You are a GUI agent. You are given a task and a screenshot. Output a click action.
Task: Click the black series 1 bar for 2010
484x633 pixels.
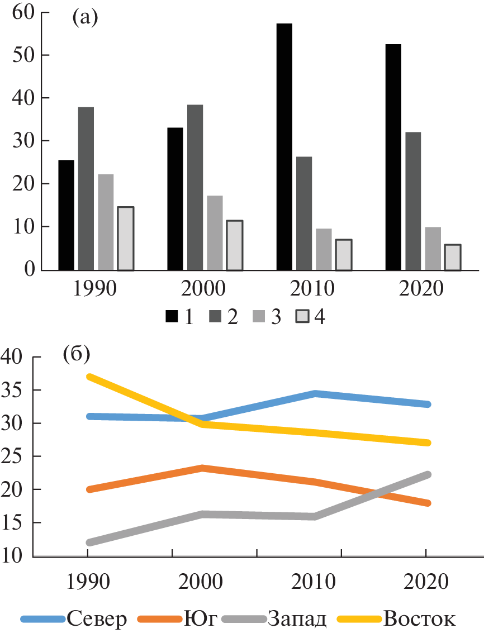pos(284,147)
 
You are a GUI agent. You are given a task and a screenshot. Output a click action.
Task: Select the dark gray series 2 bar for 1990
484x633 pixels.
pos(86,189)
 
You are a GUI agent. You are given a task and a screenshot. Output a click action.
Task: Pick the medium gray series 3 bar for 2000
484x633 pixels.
pos(215,232)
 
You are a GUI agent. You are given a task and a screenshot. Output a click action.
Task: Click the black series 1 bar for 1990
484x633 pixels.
pos(66,215)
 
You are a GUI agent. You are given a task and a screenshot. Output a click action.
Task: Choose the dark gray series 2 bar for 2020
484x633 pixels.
pos(413,201)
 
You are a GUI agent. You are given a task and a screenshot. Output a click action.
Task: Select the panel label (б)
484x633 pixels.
pos(77,354)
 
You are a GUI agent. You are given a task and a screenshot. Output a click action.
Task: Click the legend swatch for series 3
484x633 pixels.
pos(258,317)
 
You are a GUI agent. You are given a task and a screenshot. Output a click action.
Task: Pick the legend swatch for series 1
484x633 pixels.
pos(172,317)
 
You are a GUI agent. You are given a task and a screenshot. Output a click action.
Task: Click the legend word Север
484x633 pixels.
pos(97,619)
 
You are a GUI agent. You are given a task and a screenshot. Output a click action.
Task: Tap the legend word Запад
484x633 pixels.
pos(297,619)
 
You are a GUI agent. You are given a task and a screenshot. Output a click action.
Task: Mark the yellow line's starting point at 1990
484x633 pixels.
pos(88,377)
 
